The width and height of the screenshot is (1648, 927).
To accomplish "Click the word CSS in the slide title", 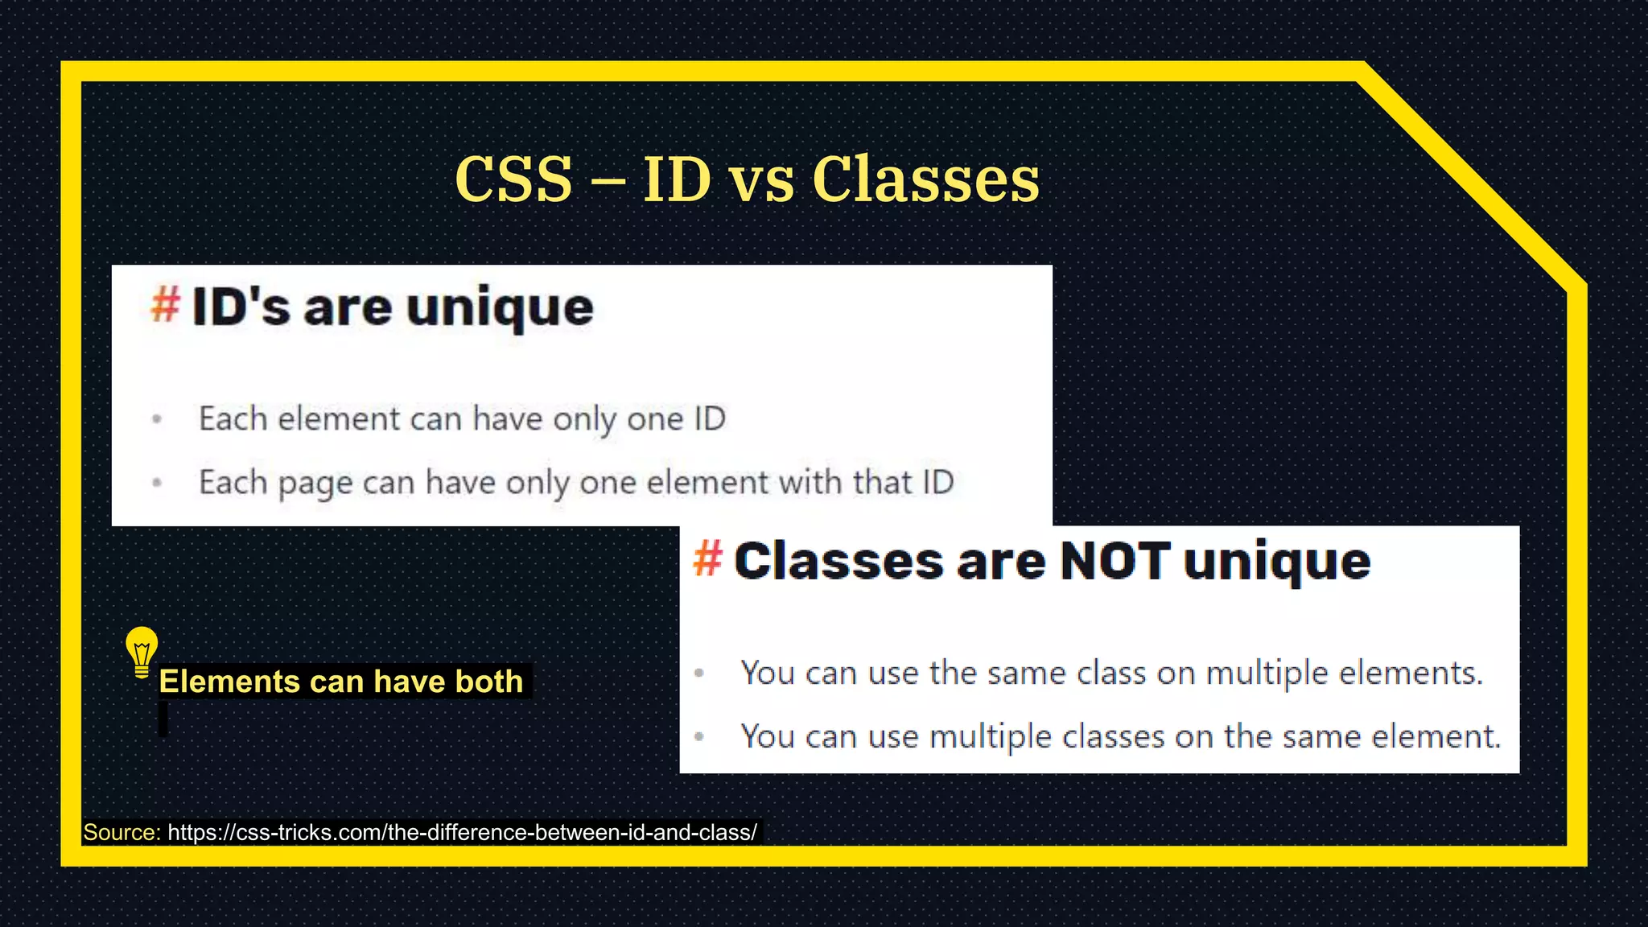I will point(513,179).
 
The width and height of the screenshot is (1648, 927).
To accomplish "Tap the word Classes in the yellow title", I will point(925,179).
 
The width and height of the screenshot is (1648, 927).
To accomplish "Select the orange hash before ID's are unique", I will point(166,306).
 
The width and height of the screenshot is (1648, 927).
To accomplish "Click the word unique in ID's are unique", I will point(500,309).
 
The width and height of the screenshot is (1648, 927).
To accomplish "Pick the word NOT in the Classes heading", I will point(1114,561).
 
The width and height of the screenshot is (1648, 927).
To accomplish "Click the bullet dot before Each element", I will point(157,418).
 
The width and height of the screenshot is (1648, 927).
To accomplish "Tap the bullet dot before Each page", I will point(157,483).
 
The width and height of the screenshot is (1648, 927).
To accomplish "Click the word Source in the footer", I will point(122,832).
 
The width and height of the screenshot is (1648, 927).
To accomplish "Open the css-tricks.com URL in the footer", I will point(462,832).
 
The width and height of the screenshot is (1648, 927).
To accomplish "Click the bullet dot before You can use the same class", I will point(699,673).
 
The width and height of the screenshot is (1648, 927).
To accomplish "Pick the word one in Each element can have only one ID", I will point(655,419).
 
